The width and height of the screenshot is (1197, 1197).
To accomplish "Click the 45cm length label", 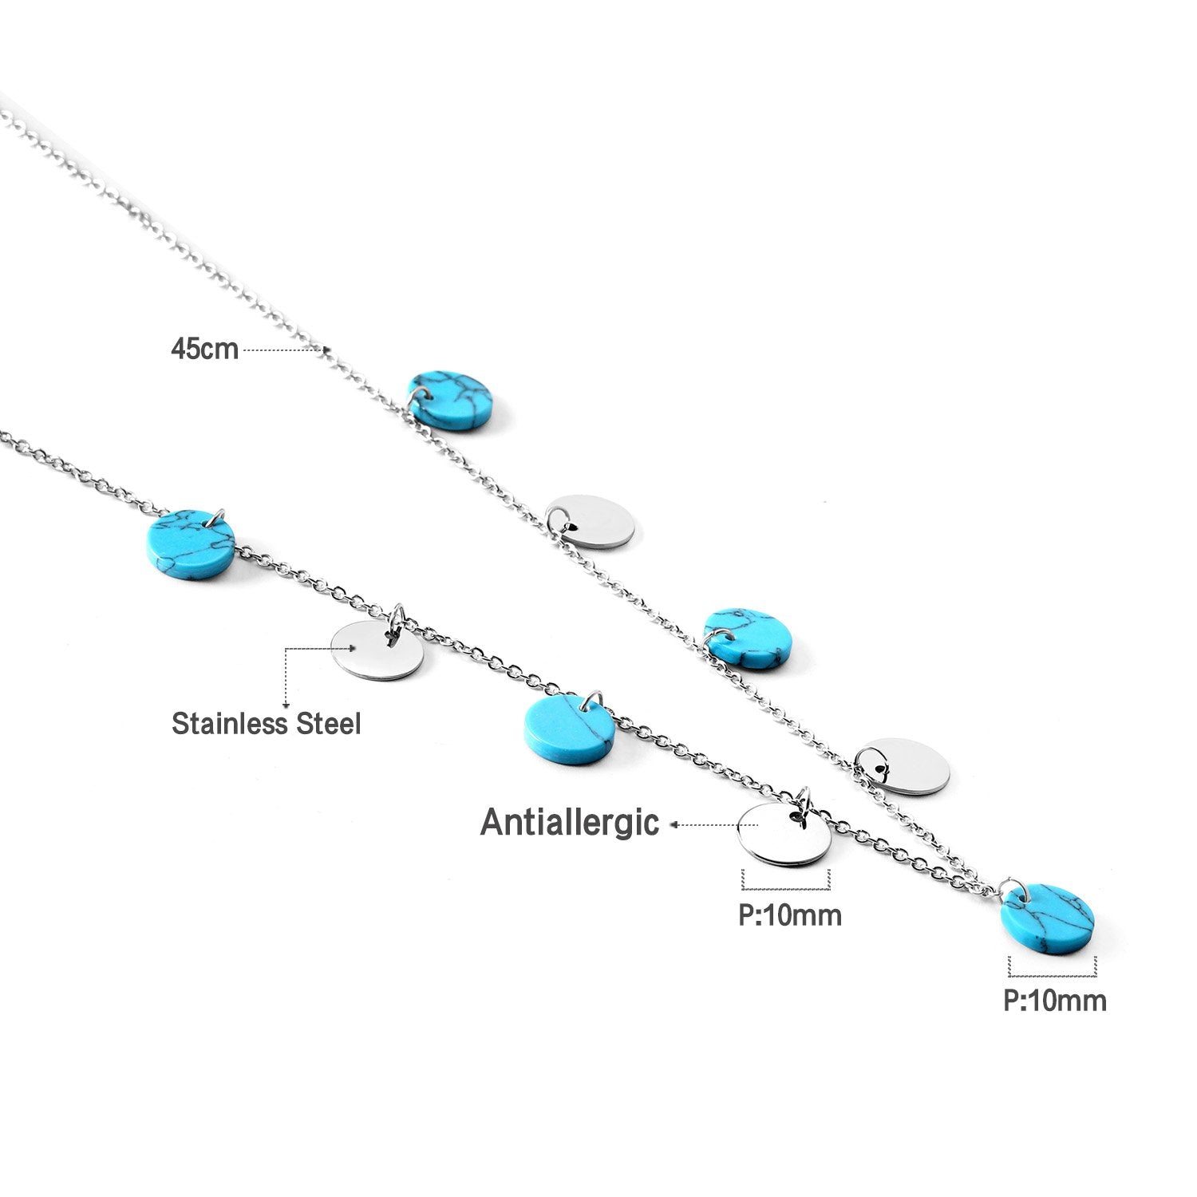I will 204,350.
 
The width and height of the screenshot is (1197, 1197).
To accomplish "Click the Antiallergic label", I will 570,823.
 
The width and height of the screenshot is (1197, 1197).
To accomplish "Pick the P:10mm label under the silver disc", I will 789,915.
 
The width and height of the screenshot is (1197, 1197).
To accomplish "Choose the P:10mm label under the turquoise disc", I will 1055,1000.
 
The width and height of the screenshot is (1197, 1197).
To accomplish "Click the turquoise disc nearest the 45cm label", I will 451,401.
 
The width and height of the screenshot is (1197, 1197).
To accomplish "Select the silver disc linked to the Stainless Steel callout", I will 377,650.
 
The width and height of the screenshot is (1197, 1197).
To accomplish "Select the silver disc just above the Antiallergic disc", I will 903,767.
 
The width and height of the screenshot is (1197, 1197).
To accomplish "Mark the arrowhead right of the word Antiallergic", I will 674,825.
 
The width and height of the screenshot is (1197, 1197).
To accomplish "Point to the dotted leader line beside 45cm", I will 283,350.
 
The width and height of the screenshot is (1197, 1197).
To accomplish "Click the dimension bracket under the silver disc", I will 786,883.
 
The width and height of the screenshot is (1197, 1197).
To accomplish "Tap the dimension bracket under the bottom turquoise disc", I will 1052,970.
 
